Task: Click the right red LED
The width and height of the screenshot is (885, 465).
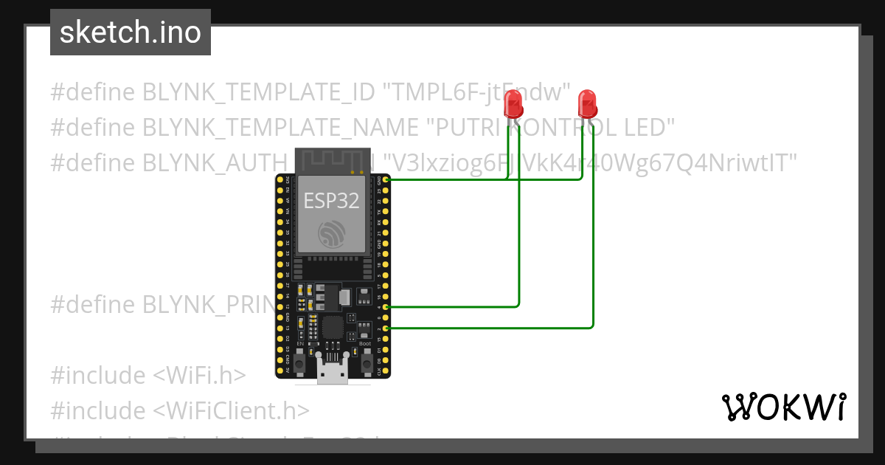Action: click(586, 103)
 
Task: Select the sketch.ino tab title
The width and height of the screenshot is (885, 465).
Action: click(130, 32)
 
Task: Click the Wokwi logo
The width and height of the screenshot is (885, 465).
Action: click(783, 407)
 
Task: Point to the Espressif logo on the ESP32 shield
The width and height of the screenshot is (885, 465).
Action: click(332, 234)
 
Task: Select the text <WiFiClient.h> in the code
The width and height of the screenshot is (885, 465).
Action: click(231, 410)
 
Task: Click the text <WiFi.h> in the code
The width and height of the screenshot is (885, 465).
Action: click(199, 375)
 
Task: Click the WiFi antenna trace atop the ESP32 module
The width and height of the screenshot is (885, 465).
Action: click(332, 159)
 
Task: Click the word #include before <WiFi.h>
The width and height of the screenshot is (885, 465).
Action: click(98, 375)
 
